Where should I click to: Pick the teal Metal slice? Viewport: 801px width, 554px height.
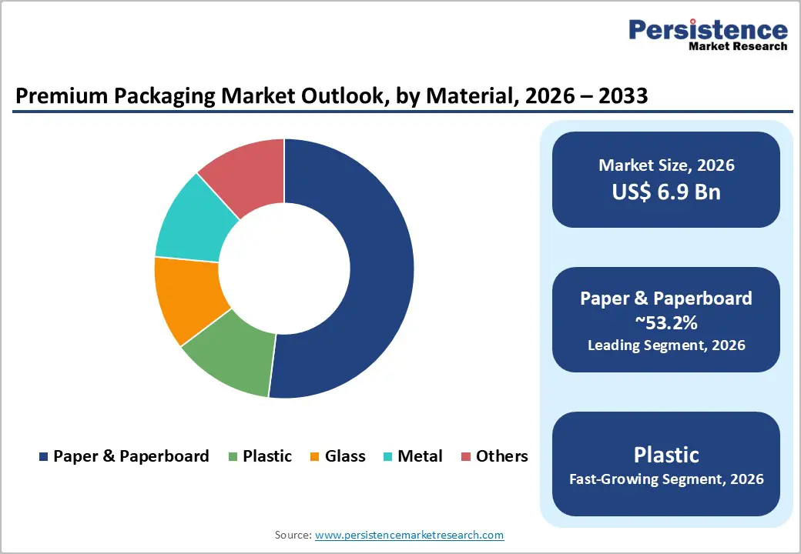coord(193,219)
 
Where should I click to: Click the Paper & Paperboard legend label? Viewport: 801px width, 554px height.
coord(131,456)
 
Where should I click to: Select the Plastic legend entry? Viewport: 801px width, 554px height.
coord(266,456)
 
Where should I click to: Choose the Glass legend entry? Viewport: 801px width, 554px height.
coord(344,456)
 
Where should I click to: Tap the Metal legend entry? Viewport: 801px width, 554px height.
coord(420,456)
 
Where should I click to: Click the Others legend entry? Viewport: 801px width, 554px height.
coord(501,456)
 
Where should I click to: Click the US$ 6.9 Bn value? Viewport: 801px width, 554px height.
coord(666,192)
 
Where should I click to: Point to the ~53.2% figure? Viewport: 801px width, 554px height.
coord(666,322)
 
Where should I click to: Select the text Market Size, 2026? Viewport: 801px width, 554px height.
coord(666,165)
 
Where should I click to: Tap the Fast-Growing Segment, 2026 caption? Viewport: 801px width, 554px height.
coord(666,479)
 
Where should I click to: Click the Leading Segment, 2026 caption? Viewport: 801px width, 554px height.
coord(666,345)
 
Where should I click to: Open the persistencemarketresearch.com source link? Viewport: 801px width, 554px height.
coord(409,535)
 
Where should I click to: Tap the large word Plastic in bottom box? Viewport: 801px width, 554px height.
coord(666,454)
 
